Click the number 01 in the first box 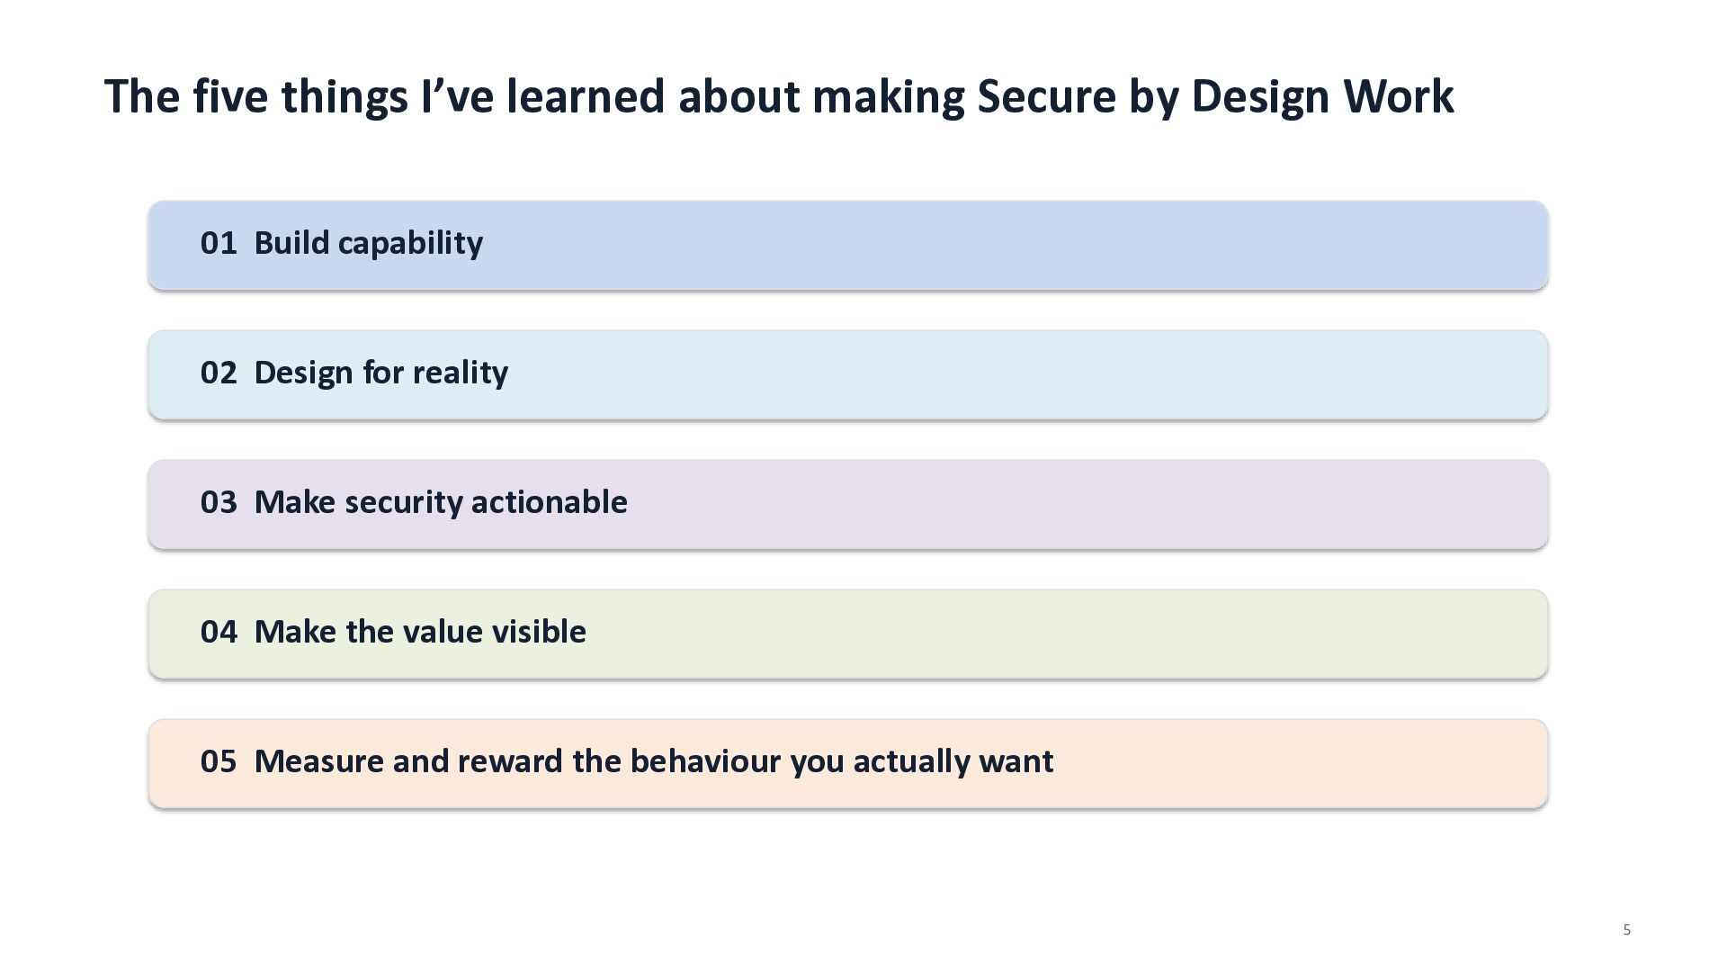(219, 243)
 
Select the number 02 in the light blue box (219, 373)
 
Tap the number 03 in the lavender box (219, 502)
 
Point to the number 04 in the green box (219, 632)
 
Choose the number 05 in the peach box (219, 761)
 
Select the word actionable (549, 502)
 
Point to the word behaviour (704, 761)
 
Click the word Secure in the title (1046, 96)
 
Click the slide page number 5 (1626, 930)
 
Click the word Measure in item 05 (319, 761)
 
